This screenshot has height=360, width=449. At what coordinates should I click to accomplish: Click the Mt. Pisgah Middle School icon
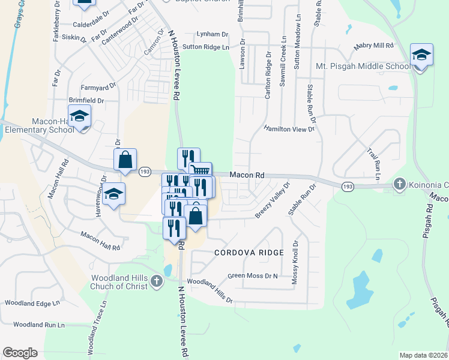422,56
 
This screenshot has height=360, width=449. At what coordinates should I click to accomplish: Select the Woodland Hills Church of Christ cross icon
157,281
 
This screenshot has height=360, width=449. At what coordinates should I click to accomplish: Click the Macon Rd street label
247,175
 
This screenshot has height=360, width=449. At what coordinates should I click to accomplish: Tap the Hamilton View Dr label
289,129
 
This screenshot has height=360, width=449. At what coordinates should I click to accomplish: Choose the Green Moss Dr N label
253,277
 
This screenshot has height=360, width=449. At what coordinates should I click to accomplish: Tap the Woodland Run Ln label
38,325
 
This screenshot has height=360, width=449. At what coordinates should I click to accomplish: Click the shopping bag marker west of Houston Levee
125,160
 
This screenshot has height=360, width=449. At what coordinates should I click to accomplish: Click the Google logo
20,353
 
